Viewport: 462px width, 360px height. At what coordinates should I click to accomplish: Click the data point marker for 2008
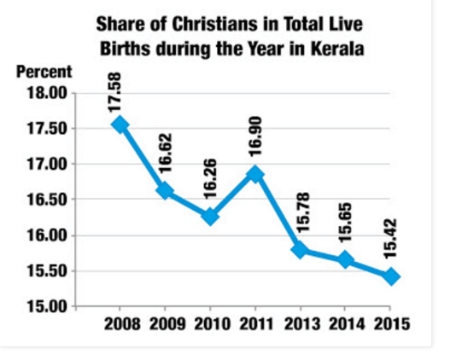(x=120, y=125)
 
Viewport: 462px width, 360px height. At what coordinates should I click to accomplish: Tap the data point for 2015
(x=390, y=276)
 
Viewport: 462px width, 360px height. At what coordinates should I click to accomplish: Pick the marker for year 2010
(x=210, y=217)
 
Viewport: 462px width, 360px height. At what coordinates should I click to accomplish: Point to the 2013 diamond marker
(x=301, y=250)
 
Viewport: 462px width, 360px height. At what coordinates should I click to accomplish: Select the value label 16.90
(x=255, y=139)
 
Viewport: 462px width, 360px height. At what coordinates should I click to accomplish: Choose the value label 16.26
(x=210, y=182)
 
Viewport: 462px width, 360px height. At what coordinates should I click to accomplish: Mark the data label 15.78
(x=301, y=214)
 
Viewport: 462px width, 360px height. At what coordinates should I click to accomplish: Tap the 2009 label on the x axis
(x=166, y=324)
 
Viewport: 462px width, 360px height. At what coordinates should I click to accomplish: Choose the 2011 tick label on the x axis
(x=255, y=324)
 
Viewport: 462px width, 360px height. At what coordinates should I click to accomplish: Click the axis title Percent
(x=44, y=72)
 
